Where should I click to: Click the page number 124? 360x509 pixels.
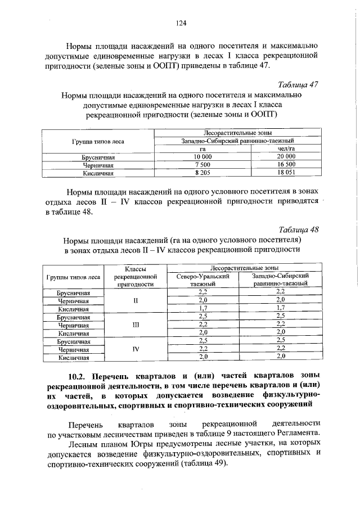click(x=181, y=23)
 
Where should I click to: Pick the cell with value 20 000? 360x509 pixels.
click(x=286, y=156)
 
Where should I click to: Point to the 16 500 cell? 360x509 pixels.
click(x=286, y=164)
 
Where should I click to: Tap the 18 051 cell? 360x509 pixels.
click(x=286, y=173)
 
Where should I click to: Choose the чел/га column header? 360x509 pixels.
click(x=286, y=148)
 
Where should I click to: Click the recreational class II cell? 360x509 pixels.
click(x=135, y=300)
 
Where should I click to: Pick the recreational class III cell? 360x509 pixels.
click(x=135, y=325)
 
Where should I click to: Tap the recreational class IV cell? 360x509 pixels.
click(x=135, y=349)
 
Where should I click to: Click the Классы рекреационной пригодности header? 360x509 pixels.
click(x=135, y=277)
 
